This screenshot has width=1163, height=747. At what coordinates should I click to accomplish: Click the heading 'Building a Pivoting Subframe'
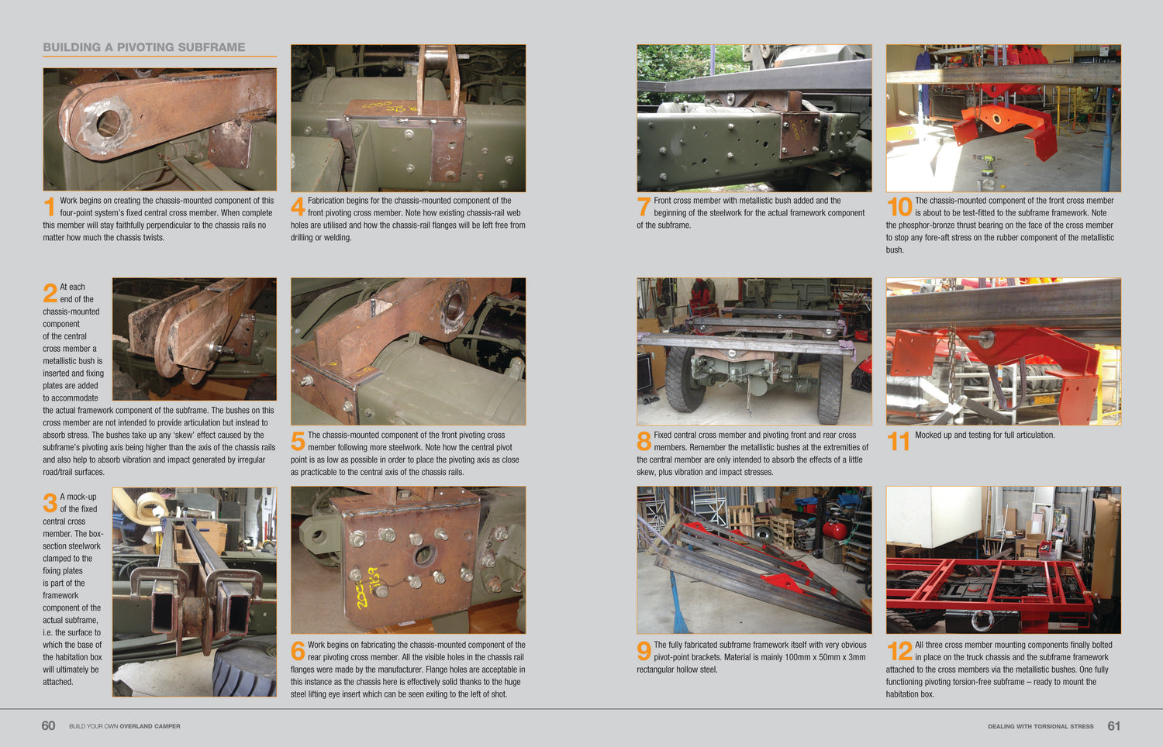[143, 47]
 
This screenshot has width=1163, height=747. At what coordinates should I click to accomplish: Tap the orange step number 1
[50, 207]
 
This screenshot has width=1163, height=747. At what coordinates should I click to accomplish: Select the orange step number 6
[298, 652]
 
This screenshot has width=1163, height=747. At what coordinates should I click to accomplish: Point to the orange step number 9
[644, 652]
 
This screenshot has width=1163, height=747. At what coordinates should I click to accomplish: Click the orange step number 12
[899, 652]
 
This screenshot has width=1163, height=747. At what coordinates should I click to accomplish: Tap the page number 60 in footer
[48, 726]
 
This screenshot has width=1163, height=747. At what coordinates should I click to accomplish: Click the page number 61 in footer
[1114, 726]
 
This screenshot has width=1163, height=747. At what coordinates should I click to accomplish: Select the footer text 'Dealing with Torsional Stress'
[1040, 727]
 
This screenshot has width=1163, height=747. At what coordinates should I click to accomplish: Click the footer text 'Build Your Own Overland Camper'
[124, 727]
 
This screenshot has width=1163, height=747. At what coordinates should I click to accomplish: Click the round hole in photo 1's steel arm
[108, 122]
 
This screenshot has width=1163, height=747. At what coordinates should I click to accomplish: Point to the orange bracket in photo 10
[1004, 124]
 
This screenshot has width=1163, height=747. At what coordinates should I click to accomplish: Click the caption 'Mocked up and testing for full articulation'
[985, 435]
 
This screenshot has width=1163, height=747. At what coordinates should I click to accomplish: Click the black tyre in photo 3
[244, 666]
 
